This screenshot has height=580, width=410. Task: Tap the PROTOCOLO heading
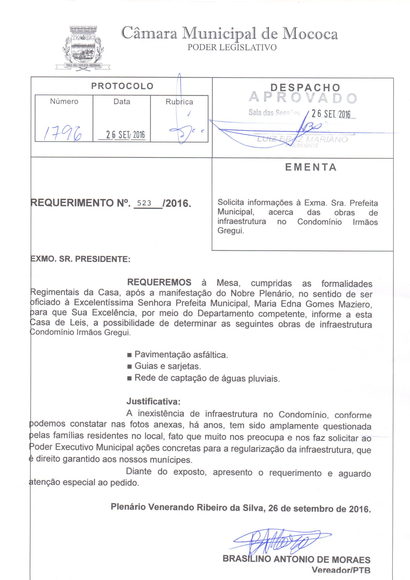tap(122, 86)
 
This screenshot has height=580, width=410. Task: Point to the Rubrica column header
tap(179, 102)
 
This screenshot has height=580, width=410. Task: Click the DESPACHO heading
tap(305, 88)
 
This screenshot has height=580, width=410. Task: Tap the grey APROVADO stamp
tap(303, 98)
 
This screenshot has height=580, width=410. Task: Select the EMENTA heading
tap(311, 167)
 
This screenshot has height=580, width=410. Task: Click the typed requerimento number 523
tap(144, 203)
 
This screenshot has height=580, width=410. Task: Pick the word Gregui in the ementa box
tap(230, 231)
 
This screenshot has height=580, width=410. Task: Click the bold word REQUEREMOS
tap(159, 282)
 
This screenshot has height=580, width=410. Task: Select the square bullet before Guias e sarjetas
tap(129, 367)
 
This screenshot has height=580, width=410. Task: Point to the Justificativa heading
tap(153, 401)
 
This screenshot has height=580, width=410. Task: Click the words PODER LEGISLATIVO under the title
tap(232, 47)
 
